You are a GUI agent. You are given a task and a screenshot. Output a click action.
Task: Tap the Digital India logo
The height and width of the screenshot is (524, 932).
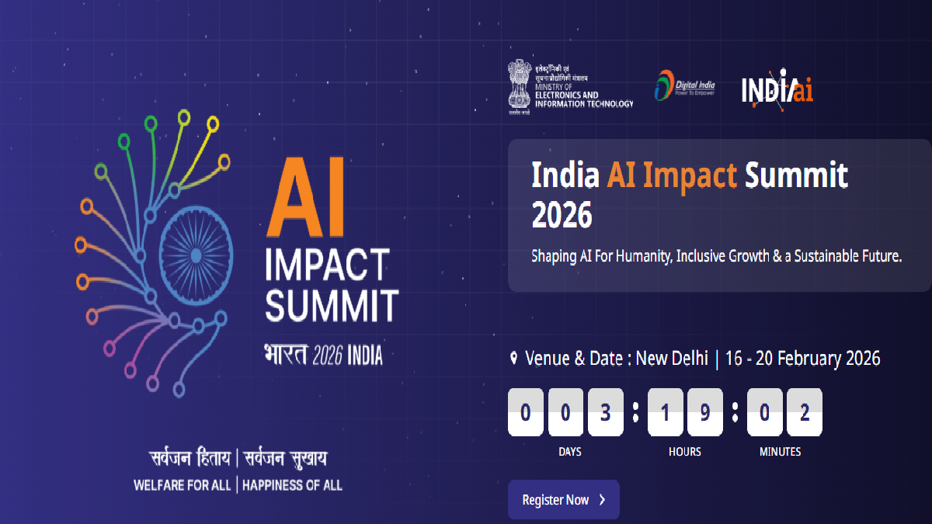coord(684,86)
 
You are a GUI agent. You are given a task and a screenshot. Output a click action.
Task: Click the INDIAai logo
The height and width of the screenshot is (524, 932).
coord(777,88)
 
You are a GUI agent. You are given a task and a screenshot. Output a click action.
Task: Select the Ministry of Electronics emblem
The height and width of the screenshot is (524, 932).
coord(518,86)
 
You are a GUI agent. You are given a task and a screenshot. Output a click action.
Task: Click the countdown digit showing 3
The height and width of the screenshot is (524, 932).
coord(606,412)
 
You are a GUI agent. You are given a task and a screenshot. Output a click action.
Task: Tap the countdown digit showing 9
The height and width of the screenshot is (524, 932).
coord(704,412)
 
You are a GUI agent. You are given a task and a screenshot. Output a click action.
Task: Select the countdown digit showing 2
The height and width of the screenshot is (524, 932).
coord(805,412)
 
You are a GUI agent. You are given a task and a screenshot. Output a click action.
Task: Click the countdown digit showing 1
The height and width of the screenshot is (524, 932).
coord(666,412)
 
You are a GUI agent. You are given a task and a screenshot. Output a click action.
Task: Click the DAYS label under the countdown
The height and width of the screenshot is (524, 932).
coord(569,452)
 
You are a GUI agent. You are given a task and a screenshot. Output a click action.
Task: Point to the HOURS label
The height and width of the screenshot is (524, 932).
coord(684,452)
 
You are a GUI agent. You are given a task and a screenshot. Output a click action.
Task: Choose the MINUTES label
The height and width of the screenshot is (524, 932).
coord(780,452)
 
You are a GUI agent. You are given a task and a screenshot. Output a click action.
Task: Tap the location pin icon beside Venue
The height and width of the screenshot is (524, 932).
coord(513,359)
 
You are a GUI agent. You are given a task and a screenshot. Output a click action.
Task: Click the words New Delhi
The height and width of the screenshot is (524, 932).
coord(672,359)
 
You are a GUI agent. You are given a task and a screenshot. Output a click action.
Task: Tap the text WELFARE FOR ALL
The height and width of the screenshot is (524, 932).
coord(183,485)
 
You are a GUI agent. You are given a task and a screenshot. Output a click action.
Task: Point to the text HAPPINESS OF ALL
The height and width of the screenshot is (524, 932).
coord(292,485)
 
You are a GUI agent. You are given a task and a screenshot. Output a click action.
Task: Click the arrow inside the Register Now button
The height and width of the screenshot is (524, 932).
coord(603,500)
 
